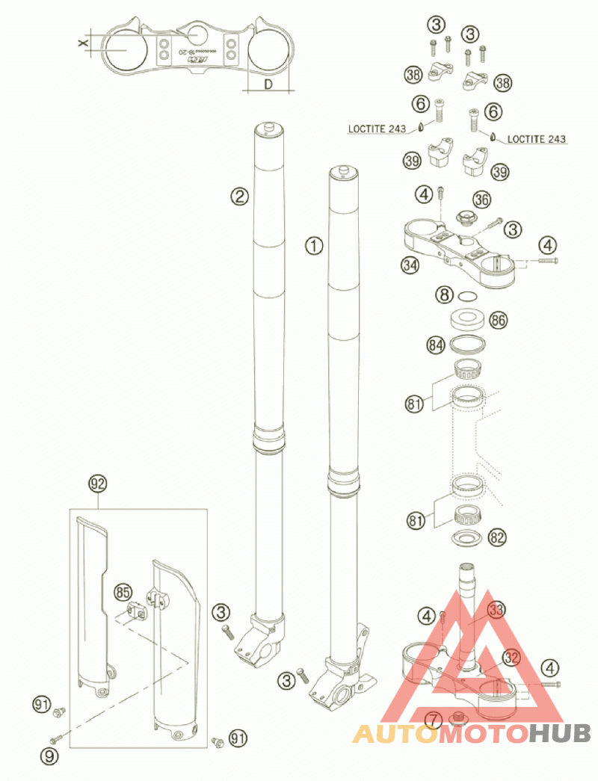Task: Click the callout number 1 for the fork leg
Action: (x=315, y=244)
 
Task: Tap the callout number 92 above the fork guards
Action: (x=96, y=483)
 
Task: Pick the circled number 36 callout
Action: (x=482, y=200)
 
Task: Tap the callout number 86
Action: (x=498, y=321)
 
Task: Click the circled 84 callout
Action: (x=437, y=345)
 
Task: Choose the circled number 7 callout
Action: (x=434, y=720)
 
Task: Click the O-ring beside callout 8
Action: (x=468, y=296)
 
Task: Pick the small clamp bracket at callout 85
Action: (x=135, y=608)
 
